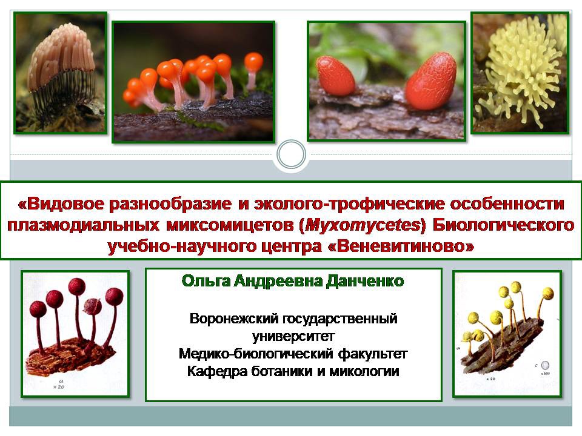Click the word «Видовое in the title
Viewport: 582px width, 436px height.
58,204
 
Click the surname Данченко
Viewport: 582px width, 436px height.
365,281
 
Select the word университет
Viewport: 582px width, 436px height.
293,336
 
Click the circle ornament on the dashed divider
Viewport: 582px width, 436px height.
292,154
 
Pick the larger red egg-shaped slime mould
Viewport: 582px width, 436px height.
430,81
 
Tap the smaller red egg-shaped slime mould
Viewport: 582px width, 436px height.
336,76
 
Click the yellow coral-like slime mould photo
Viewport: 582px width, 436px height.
520,73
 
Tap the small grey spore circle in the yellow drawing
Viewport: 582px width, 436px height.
545,365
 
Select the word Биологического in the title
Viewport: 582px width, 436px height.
504,225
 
